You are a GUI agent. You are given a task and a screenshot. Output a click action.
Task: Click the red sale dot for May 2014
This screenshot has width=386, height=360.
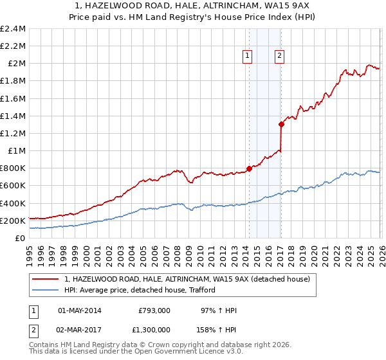[x=249, y=168]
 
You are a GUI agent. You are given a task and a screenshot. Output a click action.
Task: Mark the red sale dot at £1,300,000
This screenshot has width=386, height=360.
[x=281, y=124]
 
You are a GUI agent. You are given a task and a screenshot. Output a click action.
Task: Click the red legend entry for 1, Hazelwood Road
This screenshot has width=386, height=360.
[x=187, y=279]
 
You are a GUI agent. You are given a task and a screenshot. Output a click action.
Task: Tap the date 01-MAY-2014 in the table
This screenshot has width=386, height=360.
[x=80, y=310]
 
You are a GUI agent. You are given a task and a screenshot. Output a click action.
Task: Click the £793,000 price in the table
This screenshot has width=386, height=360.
[x=154, y=310]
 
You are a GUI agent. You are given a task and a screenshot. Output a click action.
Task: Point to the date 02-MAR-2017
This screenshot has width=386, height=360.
[x=80, y=329]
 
